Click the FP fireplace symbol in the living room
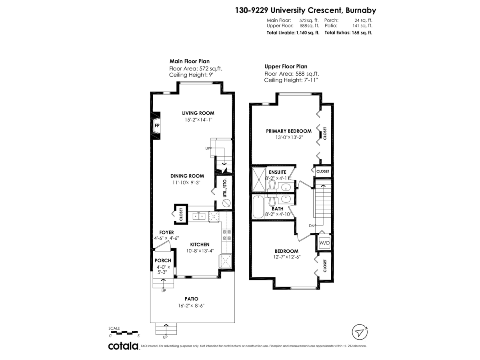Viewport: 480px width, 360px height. [x=157, y=126]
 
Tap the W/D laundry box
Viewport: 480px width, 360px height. [x=323, y=242]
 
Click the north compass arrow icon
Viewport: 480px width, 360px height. [x=360, y=332]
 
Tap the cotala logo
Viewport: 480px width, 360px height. [x=124, y=346]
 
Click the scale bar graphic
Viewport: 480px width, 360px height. [x=123, y=332]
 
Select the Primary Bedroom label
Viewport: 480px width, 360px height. [x=288, y=131]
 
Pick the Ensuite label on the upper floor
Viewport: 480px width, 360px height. [x=277, y=172]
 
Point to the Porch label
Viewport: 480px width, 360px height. [x=163, y=260]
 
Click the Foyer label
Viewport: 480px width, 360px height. [x=166, y=232]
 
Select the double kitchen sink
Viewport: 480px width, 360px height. [x=199, y=216]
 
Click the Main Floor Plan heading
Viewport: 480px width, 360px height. [x=190, y=61]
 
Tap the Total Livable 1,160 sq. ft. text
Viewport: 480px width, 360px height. [x=292, y=33]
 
